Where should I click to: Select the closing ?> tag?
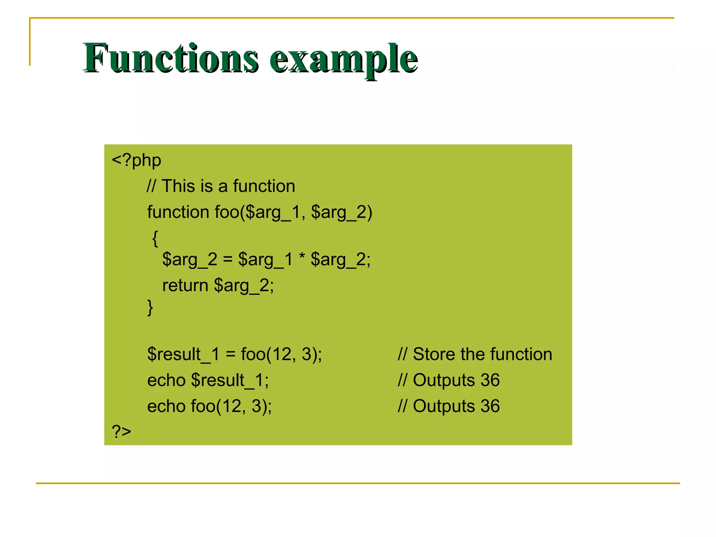121,431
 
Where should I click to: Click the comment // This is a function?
221,186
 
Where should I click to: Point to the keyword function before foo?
178,212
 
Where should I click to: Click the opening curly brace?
155,238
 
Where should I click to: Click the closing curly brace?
150,308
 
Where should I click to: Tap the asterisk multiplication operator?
302,258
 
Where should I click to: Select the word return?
185,285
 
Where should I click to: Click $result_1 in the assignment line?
183,355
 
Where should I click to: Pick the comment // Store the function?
475,354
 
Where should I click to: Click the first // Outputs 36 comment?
449,380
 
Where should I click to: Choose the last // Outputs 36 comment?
449,406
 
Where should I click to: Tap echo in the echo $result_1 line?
166,380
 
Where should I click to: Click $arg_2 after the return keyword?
244,286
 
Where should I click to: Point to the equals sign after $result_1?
230,355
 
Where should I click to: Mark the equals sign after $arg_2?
228,260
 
